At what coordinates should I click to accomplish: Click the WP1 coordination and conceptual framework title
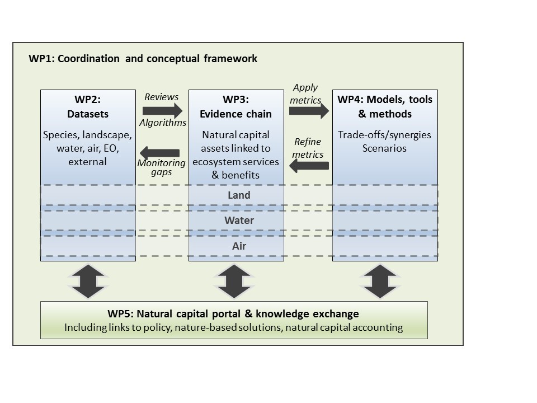pyautogui.click(x=143, y=59)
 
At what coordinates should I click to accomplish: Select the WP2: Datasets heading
pyautogui.click(x=88, y=106)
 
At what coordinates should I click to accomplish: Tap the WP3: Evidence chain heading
pyautogui.click(x=235, y=106)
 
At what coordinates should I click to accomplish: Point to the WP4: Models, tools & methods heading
pyautogui.click(x=385, y=106)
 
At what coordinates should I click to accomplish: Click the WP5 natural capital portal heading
pyautogui.click(x=233, y=313)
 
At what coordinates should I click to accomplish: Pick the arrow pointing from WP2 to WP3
pyautogui.click(x=163, y=110)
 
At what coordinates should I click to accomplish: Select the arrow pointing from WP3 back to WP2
pyautogui.click(x=160, y=153)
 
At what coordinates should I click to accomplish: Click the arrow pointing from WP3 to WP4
pyautogui.click(x=309, y=111)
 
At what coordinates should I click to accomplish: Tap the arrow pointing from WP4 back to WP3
pyautogui.click(x=309, y=166)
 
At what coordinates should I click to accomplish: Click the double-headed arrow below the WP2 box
pyautogui.click(x=88, y=281)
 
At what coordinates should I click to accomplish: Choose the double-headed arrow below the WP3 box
pyautogui.click(x=234, y=281)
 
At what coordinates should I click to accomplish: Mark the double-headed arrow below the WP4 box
pyautogui.click(x=380, y=281)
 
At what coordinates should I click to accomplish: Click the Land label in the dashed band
pyautogui.click(x=239, y=195)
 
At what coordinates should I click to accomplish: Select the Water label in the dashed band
pyautogui.click(x=239, y=221)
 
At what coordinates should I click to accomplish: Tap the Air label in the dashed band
pyautogui.click(x=239, y=246)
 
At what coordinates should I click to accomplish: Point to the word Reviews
pyautogui.click(x=161, y=97)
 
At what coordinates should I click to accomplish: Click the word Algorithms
pyautogui.click(x=163, y=123)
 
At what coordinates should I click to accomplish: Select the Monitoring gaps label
pyautogui.click(x=161, y=167)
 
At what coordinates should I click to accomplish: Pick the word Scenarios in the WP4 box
pyautogui.click(x=384, y=148)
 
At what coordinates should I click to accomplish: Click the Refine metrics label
pyautogui.click(x=308, y=148)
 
